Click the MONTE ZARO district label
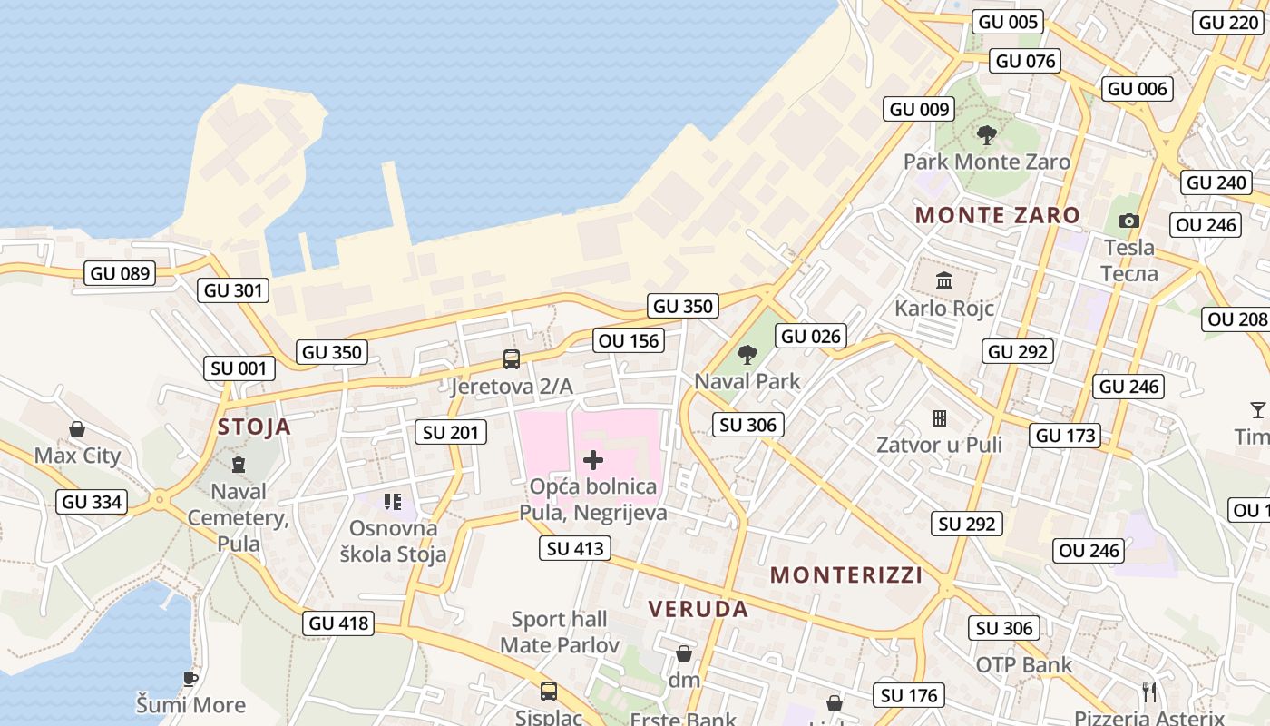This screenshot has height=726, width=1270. point(997,215)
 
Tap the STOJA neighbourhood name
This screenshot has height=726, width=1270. point(254,427)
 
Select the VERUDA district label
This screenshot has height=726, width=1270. point(698,609)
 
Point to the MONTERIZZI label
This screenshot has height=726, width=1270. point(846,574)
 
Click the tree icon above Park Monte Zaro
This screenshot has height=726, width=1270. point(987,136)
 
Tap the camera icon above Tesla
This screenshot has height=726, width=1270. point(1128,221)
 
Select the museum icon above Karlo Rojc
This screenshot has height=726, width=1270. point(944,280)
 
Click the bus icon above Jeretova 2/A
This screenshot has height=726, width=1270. point(512,359)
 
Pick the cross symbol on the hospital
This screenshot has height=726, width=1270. point(593,460)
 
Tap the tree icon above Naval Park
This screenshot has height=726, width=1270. point(747,355)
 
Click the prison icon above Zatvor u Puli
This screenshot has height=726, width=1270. point(940,418)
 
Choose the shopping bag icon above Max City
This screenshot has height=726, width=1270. point(77,428)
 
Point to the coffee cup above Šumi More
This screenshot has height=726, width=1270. point(190,678)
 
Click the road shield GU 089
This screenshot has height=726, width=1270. point(119,272)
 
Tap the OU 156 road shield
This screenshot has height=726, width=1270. point(630,340)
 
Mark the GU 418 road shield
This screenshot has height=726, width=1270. point(339,623)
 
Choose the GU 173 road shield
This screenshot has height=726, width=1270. point(1066,435)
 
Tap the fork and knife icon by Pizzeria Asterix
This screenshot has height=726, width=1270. point(1149,692)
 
